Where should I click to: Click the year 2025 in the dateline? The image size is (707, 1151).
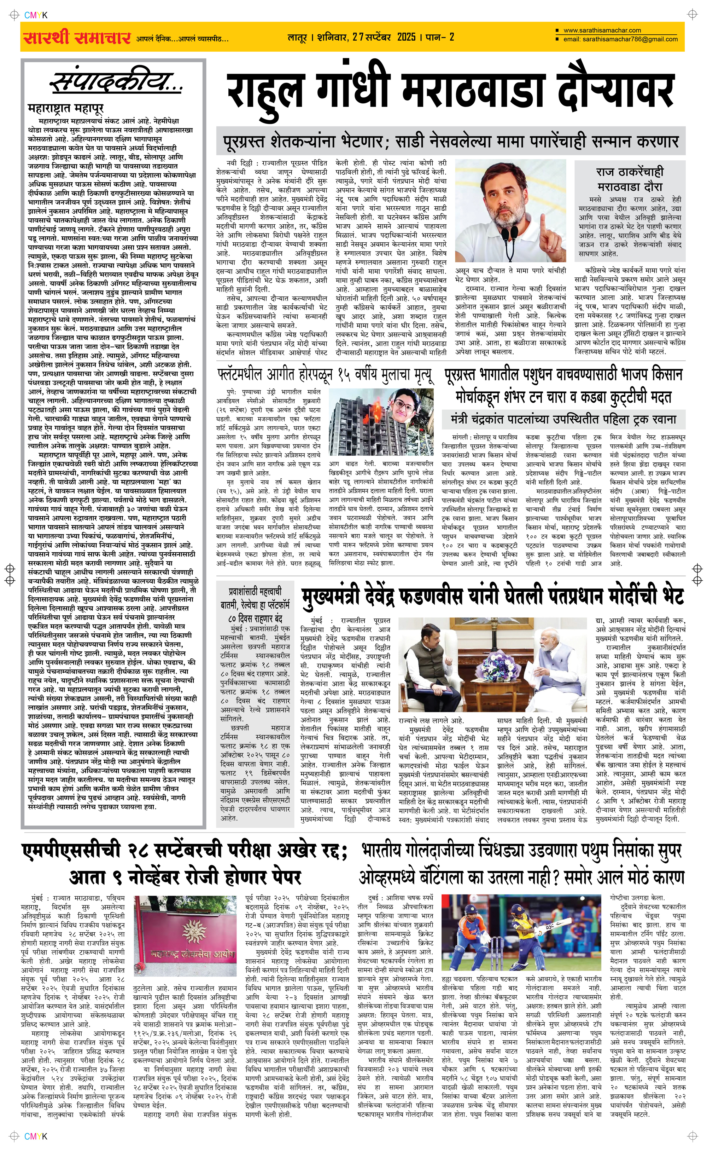click(x=406, y=37)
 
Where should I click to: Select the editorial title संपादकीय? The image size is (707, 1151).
click(x=116, y=83)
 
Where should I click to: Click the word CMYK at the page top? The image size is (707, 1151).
click(x=36, y=16)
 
